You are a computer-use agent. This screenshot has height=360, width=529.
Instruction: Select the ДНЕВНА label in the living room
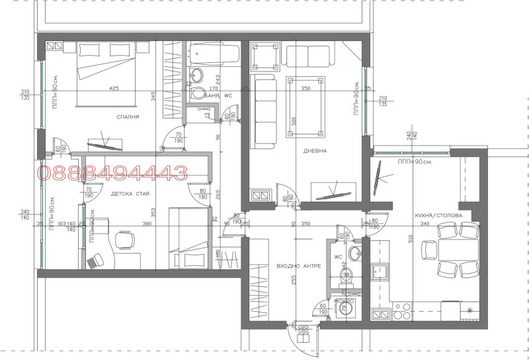coord(315,151)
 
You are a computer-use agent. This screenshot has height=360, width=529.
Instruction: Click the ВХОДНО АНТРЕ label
coord(298,266)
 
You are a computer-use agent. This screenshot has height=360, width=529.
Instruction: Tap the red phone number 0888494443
coord(112,173)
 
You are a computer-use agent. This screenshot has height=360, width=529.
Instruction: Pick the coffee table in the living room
coord(305,106)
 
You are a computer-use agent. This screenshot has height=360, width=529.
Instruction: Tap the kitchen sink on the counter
coord(380,271)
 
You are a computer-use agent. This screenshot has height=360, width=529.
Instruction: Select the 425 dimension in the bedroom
coord(114,88)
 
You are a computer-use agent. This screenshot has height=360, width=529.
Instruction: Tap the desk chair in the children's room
coord(97,261)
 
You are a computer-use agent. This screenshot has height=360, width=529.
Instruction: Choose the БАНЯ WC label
coord(218,96)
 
